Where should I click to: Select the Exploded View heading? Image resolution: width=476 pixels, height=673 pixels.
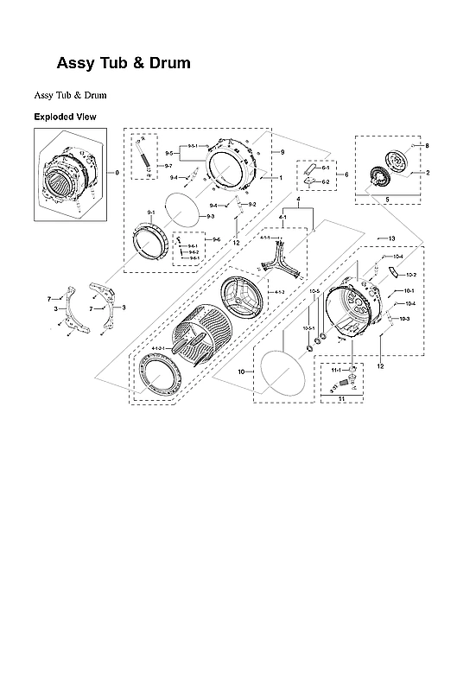65,117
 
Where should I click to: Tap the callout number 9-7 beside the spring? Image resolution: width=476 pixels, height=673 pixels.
168,165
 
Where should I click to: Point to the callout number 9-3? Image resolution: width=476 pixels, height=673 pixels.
210,216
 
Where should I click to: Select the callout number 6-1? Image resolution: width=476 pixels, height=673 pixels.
326,168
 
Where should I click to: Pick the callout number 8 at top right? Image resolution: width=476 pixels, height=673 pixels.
426,146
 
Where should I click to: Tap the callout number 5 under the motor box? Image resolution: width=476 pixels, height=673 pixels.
386,200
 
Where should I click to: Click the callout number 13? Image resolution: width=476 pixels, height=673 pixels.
391,238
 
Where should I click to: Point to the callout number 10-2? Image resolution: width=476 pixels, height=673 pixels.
411,275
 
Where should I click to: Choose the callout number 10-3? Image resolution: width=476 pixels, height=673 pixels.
404,320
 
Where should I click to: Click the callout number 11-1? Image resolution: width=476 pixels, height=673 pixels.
335,369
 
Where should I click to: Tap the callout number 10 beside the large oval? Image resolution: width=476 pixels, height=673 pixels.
241,371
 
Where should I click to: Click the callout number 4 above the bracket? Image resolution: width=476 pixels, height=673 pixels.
297,200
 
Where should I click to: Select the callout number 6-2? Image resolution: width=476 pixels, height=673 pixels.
326,182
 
